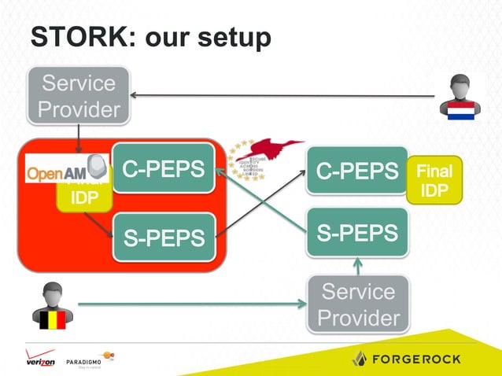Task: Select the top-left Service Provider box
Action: [78, 96]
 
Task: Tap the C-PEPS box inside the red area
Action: [164, 168]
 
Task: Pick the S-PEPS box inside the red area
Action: [164, 236]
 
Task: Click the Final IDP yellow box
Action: [434, 181]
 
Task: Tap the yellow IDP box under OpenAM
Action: [79, 197]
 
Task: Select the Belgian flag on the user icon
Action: [49, 319]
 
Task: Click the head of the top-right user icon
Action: [459, 85]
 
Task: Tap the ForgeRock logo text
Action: [418, 358]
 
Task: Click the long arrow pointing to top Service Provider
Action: [283, 96]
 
